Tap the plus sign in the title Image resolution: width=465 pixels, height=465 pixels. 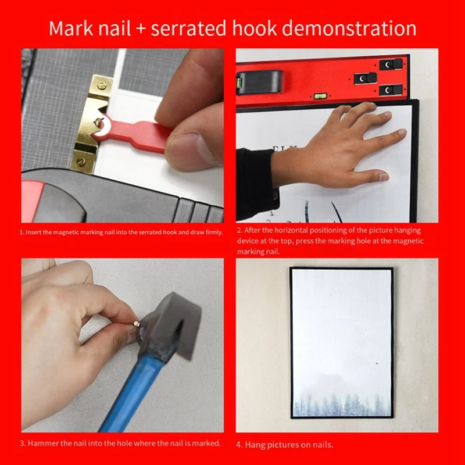point(140,29)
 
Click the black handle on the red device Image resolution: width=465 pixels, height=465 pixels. point(259,82)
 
